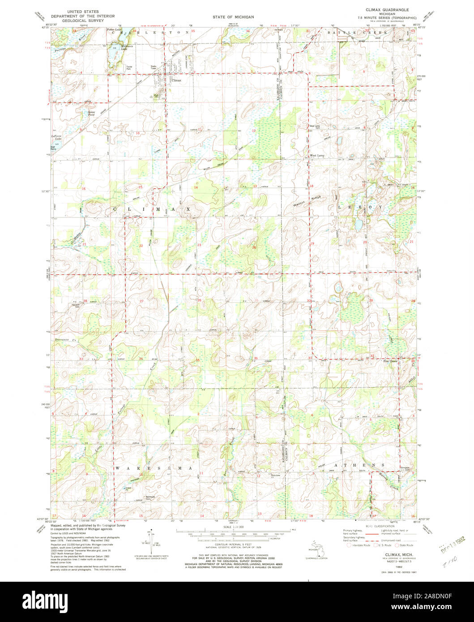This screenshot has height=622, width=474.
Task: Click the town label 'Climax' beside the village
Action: point(176,80)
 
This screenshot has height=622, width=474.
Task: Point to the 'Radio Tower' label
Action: point(154,68)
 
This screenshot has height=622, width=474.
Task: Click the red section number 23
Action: point(199,245)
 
